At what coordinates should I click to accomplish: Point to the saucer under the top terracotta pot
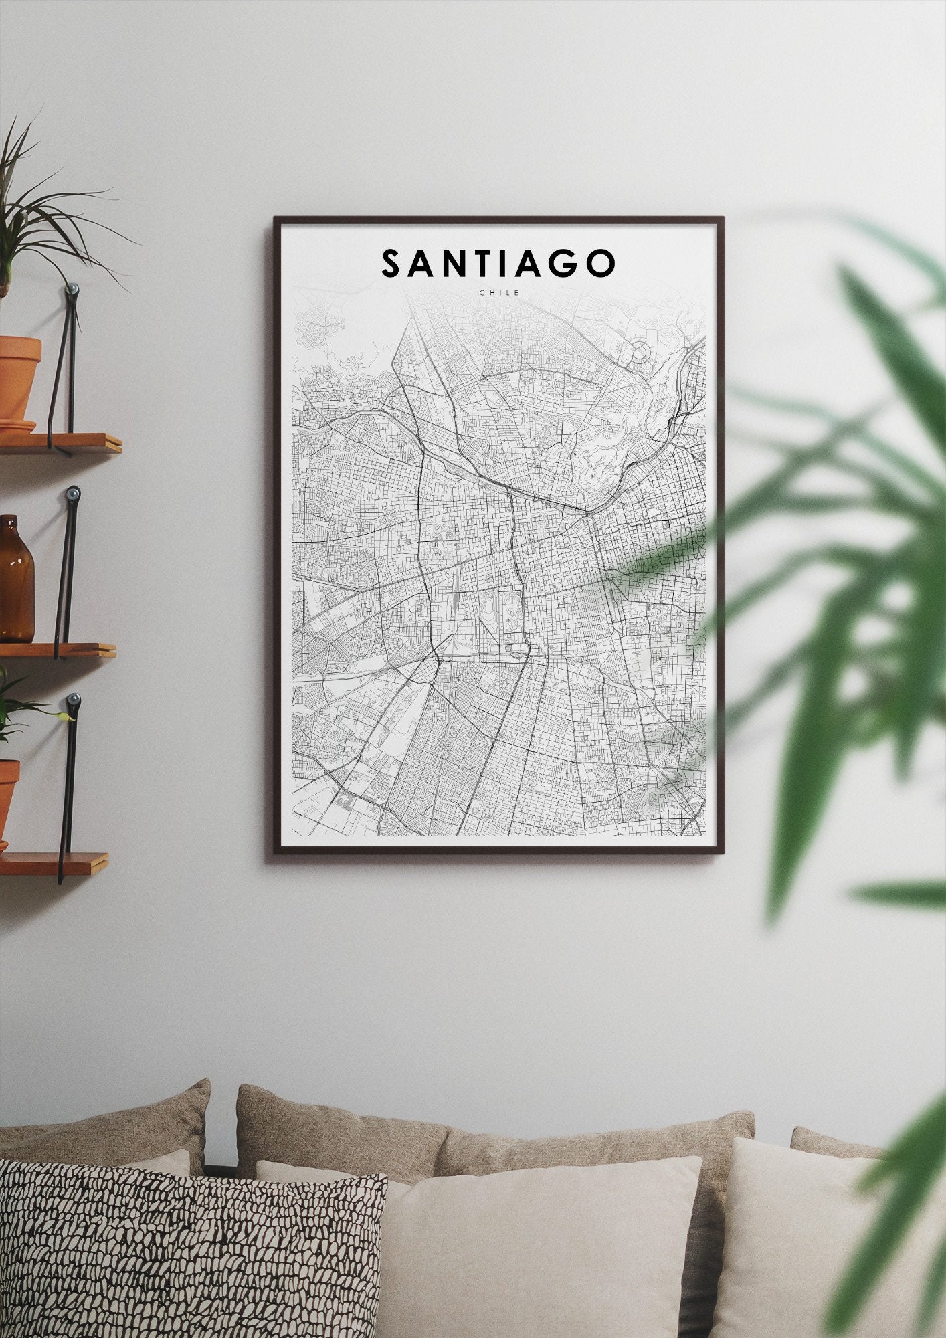(x=17, y=425)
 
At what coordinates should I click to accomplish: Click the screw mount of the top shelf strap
(x=72, y=290)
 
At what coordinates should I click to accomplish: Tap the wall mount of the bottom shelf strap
(x=72, y=701)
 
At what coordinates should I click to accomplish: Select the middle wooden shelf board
(x=57, y=650)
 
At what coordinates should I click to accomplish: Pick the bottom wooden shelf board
(x=54, y=863)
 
